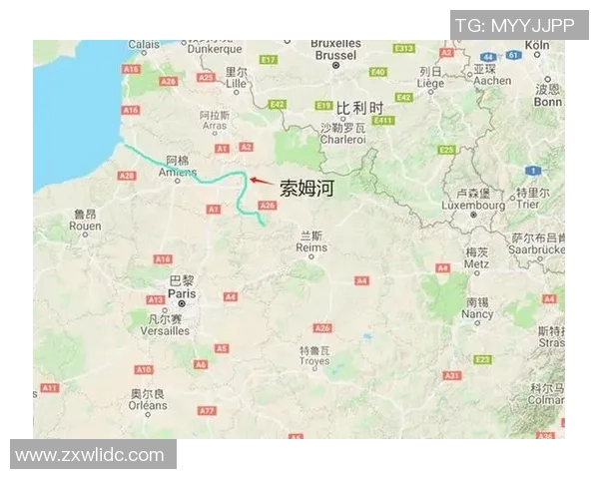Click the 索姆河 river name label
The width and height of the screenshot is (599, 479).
(304, 187)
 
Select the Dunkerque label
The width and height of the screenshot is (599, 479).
(217, 48)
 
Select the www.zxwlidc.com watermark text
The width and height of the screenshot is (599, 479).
(91, 455)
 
